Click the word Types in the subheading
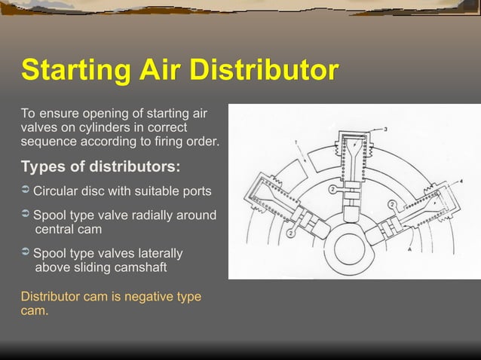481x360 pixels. (x=44, y=166)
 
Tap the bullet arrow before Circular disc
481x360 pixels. (x=26, y=190)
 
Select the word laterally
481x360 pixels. (x=154, y=253)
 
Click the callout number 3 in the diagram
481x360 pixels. (x=386, y=130)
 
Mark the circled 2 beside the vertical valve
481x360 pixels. (x=333, y=189)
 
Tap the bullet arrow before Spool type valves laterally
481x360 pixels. (x=26, y=253)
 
